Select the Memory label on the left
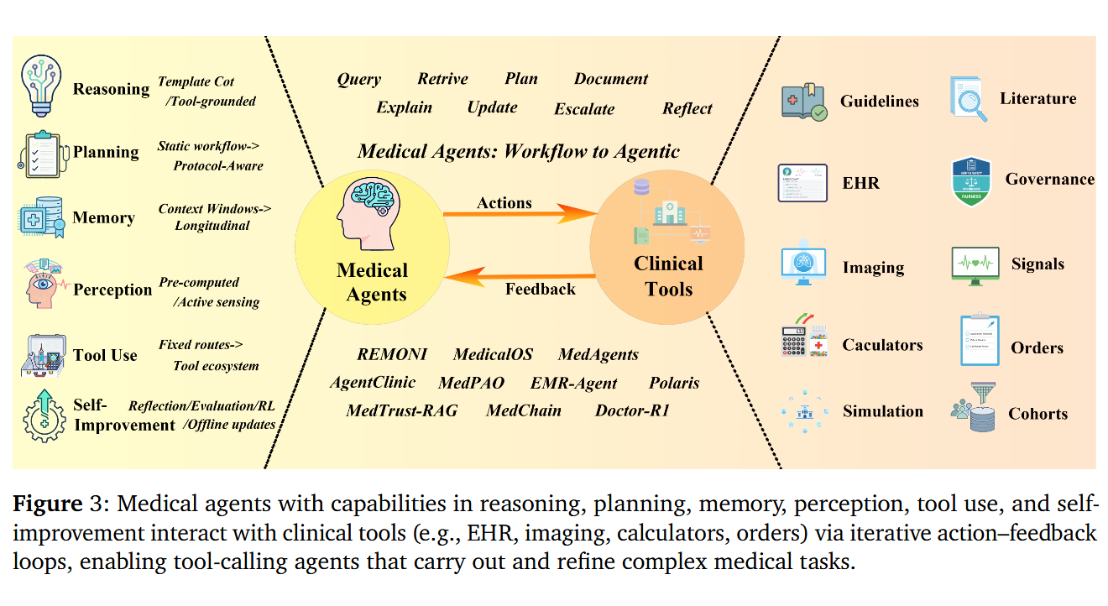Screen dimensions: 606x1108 click(x=103, y=218)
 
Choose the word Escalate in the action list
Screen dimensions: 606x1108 click(x=584, y=109)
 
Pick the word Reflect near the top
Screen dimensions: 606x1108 click(x=687, y=109)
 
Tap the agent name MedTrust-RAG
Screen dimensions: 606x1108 click(x=402, y=411)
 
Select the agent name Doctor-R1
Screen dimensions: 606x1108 click(x=632, y=411)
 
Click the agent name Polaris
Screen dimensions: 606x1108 click(x=674, y=384)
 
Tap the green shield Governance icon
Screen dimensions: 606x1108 click(x=972, y=180)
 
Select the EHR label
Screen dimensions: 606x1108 click(x=860, y=183)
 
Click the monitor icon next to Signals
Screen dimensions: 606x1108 click(x=975, y=264)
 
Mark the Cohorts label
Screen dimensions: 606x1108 click(x=1038, y=414)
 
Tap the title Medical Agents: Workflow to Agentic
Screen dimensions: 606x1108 click(x=518, y=152)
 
